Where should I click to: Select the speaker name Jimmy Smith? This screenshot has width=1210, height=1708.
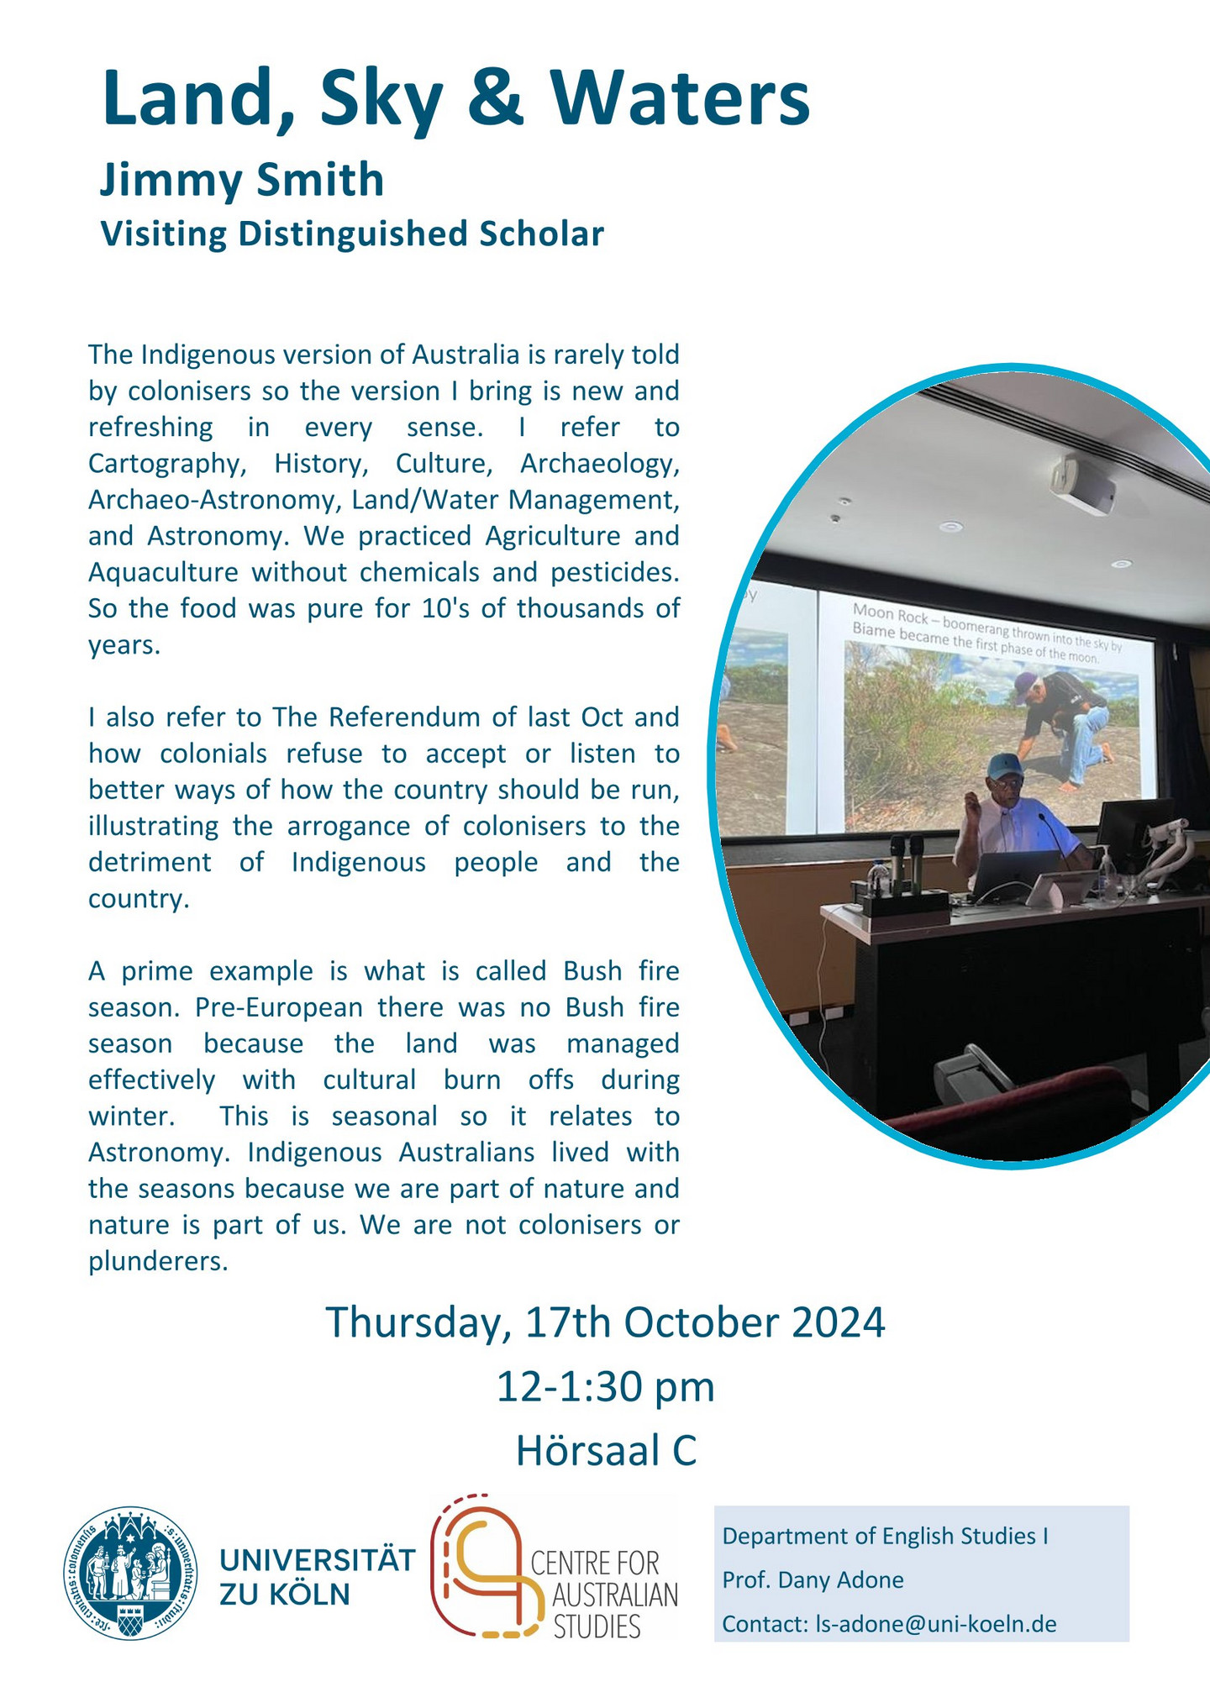click(242, 181)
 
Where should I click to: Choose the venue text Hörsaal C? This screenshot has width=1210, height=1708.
click(606, 1451)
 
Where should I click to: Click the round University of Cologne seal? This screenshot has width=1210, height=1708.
click(131, 1573)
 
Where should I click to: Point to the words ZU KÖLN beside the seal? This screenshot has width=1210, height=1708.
click(284, 1593)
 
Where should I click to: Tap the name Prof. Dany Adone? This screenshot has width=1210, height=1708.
click(813, 1580)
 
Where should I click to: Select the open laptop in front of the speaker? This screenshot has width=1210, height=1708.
click(1015, 875)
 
